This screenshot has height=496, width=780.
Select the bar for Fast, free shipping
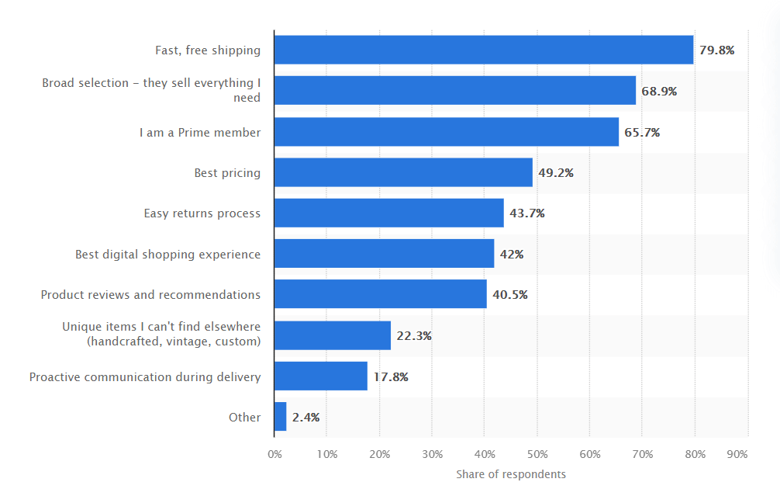pos(484,50)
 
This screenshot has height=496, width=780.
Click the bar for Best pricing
pos(403,172)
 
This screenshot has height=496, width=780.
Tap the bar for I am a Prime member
pos(447,132)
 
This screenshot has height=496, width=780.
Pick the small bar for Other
pos(281,417)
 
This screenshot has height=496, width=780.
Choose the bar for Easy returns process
pos(389,213)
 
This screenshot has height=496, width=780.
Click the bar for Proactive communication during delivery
pos(321,376)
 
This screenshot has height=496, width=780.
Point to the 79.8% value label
pos(716,50)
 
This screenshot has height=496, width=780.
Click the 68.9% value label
pos(659,91)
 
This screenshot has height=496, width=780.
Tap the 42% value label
pos(512,254)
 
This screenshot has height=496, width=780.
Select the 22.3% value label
pos(414,335)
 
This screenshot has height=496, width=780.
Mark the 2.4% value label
pos(305,417)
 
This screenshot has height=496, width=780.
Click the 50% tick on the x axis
pos(537,454)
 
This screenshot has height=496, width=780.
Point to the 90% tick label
pos(737,454)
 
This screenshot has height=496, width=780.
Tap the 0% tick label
pos(274,454)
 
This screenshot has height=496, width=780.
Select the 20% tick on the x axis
pos(379,454)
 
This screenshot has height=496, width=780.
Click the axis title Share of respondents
pos(510,474)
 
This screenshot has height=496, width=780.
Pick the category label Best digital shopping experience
pos(167,254)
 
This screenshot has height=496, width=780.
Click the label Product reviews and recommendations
pos(150,295)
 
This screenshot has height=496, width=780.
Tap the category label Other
pos(244,418)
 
